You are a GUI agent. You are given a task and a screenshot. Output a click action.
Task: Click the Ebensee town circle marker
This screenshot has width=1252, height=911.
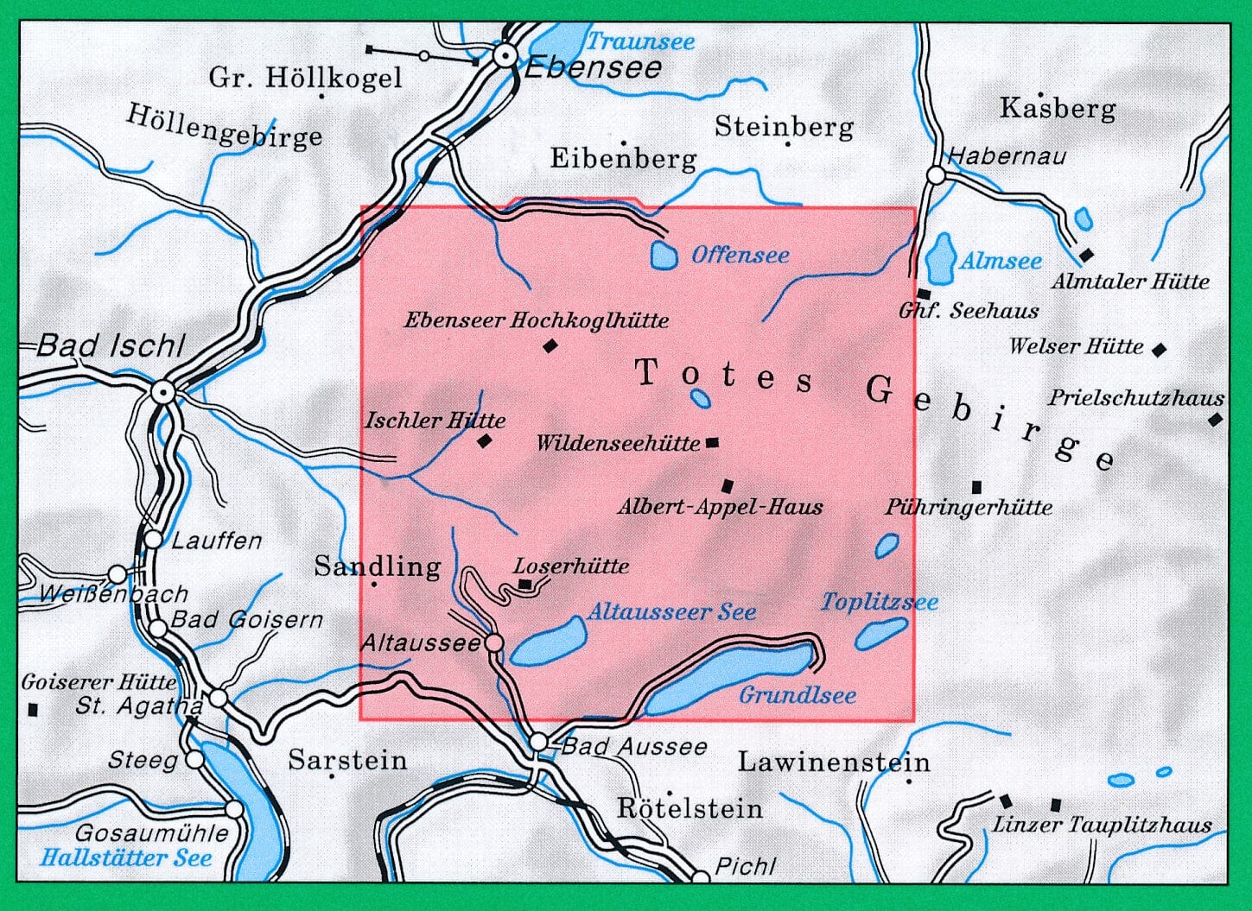tap(505, 56)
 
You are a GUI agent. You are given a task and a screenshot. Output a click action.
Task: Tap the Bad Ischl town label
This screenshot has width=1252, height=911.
tap(111, 346)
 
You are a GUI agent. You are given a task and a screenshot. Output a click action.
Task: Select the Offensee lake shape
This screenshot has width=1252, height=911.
tap(664, 255)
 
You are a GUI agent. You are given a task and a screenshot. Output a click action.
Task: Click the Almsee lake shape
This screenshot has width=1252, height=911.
tap(939, 256)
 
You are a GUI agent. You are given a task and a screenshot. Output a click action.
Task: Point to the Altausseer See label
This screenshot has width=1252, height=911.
tap(671, 612)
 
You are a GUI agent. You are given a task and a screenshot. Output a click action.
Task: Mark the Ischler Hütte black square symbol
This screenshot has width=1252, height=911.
tap(485, 441)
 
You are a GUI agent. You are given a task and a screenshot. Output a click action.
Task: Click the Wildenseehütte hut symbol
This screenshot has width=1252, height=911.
tap(712, 443)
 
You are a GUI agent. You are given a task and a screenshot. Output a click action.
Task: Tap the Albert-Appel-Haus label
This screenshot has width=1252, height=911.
tap(720, 507)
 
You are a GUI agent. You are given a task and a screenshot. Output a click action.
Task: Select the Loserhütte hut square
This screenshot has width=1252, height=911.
tap(525, 585)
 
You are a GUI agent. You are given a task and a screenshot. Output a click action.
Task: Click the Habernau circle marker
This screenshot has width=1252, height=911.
tap(937, 175)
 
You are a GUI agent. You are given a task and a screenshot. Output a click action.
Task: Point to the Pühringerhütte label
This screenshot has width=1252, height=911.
tap(969, 507)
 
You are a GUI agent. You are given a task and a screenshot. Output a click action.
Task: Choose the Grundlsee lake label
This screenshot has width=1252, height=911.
tap(798, 695)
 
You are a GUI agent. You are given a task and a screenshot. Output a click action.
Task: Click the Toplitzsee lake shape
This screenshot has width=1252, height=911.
tap(880, 634)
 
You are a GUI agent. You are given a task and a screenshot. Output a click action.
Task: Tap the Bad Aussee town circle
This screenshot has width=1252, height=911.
tap(538, 742)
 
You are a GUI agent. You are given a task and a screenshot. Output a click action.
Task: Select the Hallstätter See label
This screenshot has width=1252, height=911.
tap(126, 858)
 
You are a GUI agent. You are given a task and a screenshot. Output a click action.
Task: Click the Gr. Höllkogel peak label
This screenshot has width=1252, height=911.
tap(305, 78)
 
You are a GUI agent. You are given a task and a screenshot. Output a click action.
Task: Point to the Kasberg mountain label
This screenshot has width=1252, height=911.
tap(1058, 109)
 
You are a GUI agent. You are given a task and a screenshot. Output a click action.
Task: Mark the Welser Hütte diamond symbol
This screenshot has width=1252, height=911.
tap(1160, 350)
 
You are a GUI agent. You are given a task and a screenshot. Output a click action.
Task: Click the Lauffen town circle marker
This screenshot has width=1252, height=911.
tap(153, 540)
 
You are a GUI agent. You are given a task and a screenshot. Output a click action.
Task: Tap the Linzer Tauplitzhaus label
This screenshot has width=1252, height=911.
tap(1102, 825)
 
